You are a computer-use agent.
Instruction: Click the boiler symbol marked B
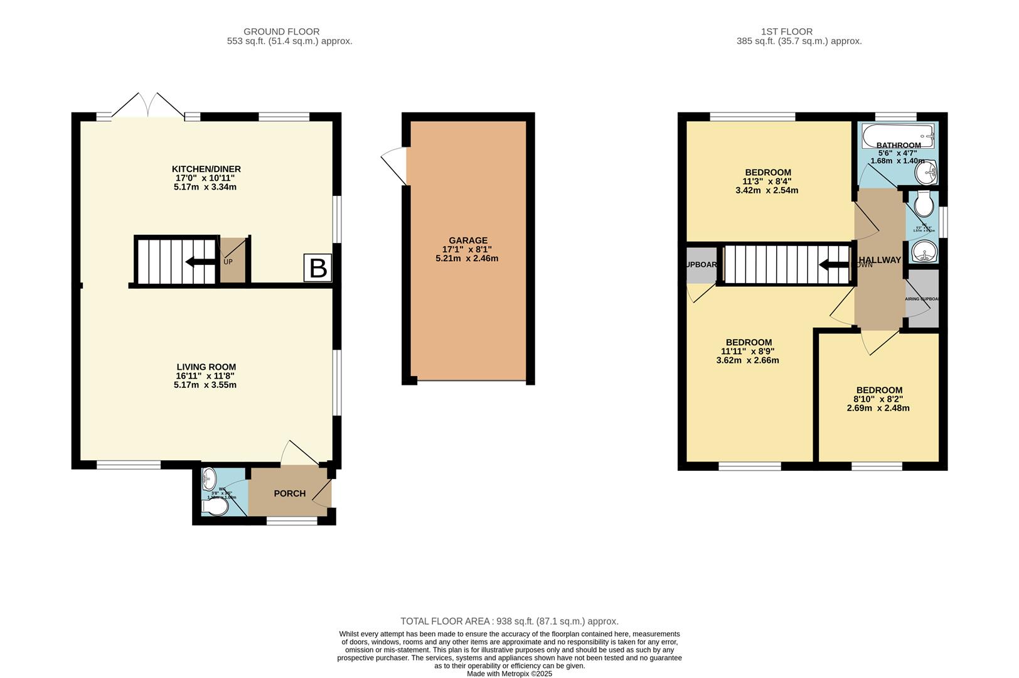[x=318, y=268]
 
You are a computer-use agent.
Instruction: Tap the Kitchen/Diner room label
[x=206, y=169]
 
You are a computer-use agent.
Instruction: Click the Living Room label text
[x=206, y=367]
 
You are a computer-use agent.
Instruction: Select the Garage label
[x=467, y=240]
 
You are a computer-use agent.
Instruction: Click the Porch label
[x=289, y=493]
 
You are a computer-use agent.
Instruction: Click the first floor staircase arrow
[x=834, y=264]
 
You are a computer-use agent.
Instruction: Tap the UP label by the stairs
[x=228, y=262]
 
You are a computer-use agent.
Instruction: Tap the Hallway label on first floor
[x=880, y=260]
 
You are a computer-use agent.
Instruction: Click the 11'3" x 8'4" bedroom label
[x=767, y=173]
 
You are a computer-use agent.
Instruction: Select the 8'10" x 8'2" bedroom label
[x=878, y=390]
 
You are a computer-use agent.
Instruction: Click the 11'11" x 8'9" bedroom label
[x=747, y=343]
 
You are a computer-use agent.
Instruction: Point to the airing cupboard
[x=923, y=299]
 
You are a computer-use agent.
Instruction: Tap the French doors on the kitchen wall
[x=148, y=107]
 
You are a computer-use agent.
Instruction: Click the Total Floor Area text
[x=509, y=621]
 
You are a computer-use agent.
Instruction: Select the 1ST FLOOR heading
[x=786, y=31]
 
